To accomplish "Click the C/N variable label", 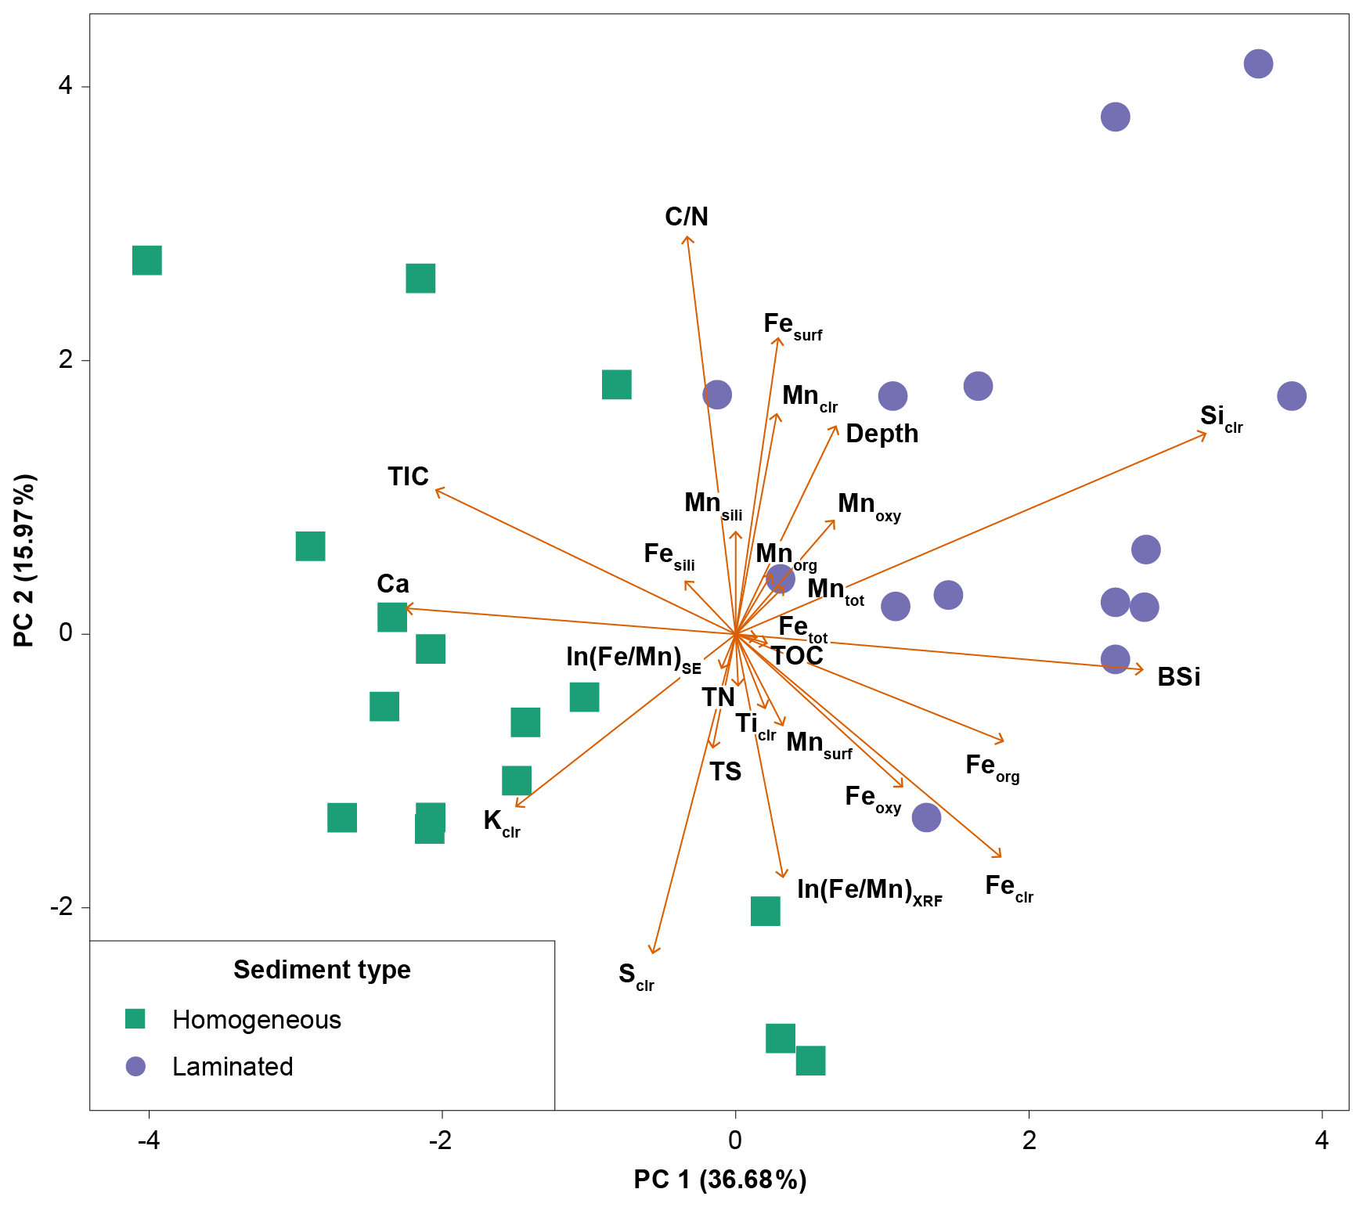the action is pyautogui.click(x=687, y=216).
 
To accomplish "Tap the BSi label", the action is pyautogui.click(x=1179, y=676).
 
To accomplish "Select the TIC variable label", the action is pyautogui.click(x=408, y=476).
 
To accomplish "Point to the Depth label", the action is pyautogui.click(x=882, y=434).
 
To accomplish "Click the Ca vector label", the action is pyautogui.click(x=393, y=584).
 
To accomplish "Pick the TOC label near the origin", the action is pyautogui.click(x=797, y=656).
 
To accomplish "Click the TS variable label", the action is pyautogui.click(x=726, y=772).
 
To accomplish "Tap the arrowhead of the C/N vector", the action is pyautogui.click(x=687, y=236).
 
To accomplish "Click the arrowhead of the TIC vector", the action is pyautogui.click(x=437, y=489).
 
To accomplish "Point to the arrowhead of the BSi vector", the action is pyautogui.click(x=1142, y=669).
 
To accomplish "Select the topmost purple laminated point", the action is pyautogui.click(x=1258, y=63).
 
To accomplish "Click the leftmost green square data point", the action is pyautogui.click(x=147, y=260).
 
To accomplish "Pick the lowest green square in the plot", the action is pyautogui.click(x=810, y=1061).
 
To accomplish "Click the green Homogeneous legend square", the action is pyautogui.click(x=135, y=1018).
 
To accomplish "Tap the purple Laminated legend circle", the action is pyautogui.click(x=135, y=1066).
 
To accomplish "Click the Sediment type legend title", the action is pyautogui.click(x=322, y=970).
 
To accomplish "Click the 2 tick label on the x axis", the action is pyautogui.click(x=1029, y=1140).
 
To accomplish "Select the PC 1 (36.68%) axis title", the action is pyautogui.click(x=720, y=1179).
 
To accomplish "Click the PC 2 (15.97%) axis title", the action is pyautogui.click(x=24, y=560).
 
